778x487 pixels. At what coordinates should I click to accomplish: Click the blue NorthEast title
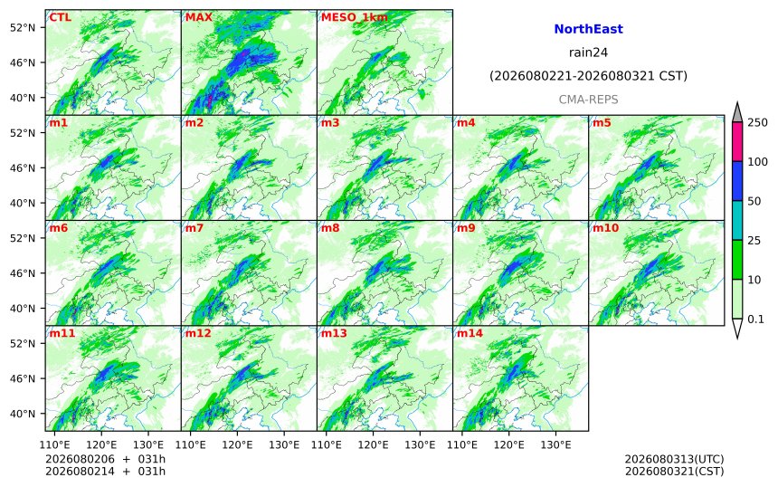pos(588,29)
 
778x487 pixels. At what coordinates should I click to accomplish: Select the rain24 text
pos(588,53)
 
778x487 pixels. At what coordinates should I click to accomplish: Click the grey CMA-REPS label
pos(588,100)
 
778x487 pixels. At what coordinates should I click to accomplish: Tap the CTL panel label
pos(60,17)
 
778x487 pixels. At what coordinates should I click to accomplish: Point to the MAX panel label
pos(198,17)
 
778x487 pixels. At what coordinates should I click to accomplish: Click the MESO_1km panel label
pos(355,17)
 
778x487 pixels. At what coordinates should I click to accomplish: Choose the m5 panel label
pos(602,122)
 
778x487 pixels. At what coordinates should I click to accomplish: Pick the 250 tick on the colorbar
pos(757,122)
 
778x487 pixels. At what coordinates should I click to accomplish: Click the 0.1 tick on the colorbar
pos(755,320)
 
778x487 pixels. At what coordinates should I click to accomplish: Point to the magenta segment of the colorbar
pos(737,141)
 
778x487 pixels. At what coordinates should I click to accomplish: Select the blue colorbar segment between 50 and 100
pos(737,181)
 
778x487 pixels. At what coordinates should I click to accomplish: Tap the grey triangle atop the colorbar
pos(737,112)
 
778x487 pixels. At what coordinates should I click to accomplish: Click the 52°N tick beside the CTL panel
pos(23,27)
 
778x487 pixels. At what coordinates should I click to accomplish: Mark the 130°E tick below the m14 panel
pos(555,444)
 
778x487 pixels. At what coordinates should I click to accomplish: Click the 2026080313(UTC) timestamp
pos(674,459)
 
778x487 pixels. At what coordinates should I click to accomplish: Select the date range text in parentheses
pos(588,76)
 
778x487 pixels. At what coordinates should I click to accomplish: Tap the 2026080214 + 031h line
pos(105,472)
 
